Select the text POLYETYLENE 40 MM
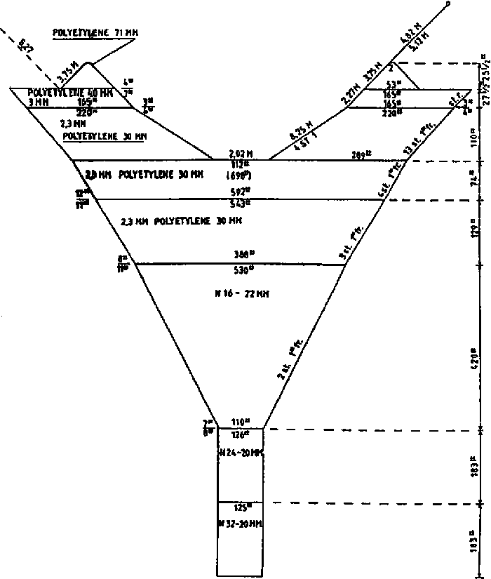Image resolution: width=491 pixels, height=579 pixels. tap(61, 93)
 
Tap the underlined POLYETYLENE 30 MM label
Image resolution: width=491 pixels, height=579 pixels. tap(105, 135)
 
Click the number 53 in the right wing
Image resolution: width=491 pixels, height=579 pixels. tap(391, 84)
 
